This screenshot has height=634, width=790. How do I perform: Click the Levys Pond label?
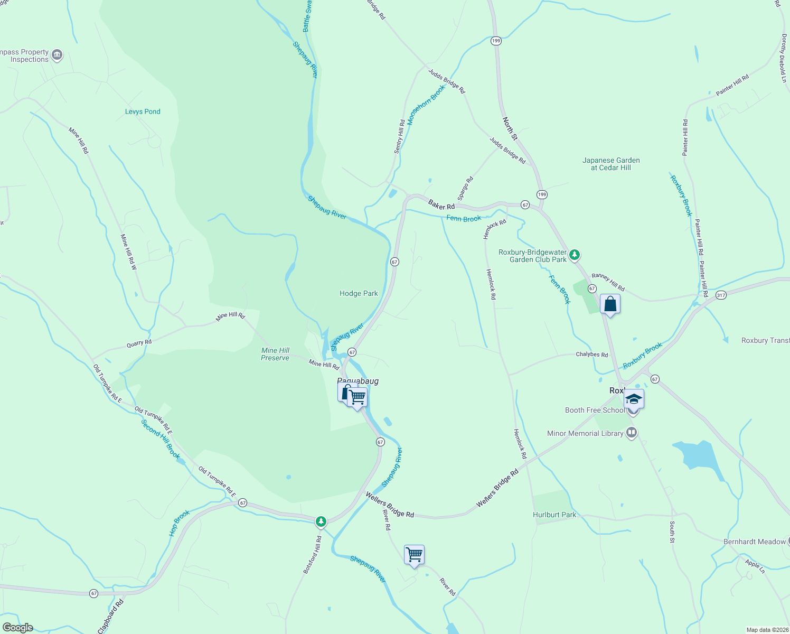[x=143, y=111]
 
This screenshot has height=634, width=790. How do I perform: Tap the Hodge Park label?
[x=359, y=293]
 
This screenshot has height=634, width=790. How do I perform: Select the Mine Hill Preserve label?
[x=275, y=354]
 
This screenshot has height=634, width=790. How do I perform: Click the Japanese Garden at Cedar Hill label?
[x=611, y=164]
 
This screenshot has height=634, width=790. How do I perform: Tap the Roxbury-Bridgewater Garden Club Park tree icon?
[x=575, y=255]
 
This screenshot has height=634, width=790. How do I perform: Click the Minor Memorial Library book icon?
[x=631, y=433]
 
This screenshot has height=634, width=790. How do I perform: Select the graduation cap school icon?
[x=634, y=399]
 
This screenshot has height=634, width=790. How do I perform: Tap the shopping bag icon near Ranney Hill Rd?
[x=610, y=304]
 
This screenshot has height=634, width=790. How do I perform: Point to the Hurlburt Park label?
[x=554, y=515]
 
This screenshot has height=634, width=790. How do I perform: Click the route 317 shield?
[x=721, y=295]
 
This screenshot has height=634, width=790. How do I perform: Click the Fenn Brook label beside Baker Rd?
[x=464, y=219]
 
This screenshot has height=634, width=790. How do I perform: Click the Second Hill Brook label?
[x=161, y=439]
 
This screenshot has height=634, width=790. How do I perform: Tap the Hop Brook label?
[x=180, y=523]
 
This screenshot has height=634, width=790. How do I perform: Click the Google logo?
[x=17, y=628]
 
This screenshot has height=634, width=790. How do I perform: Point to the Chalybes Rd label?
[x=592, y=355]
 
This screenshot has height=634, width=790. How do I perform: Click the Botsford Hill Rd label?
[x=312, y=555]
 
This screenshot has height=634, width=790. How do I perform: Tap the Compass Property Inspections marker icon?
[x=57, y=54]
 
